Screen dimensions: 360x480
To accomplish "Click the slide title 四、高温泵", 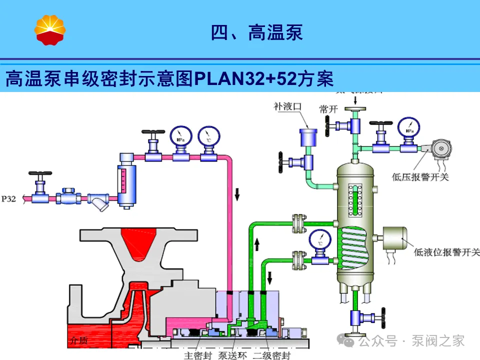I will tap(256, 33).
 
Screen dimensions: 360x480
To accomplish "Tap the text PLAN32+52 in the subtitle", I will tap(244, 78).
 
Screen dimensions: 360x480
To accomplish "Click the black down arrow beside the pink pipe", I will tap(237, 193).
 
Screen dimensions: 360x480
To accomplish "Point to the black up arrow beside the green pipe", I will tap(258, 244).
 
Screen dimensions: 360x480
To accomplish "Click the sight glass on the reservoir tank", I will tap(355, 199).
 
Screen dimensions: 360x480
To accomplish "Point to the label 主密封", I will tap(195, 355).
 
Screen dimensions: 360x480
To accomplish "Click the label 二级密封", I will tap(270, 355).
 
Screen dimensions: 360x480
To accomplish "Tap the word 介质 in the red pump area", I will tap(79, 341).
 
